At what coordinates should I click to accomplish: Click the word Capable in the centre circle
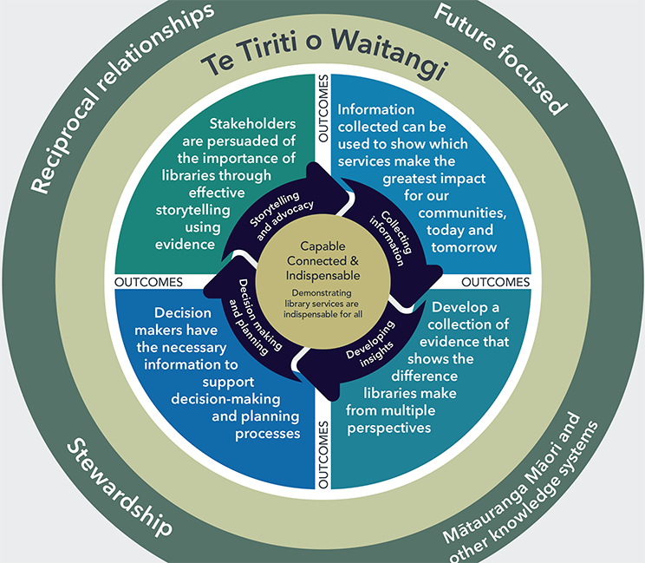pyautogui.click(x=323, y=247)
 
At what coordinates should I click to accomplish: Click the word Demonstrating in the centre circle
pyautogui.click(x=323, y=292)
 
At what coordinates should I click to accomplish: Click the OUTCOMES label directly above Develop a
pyautogui.click(x=495, y=282)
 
